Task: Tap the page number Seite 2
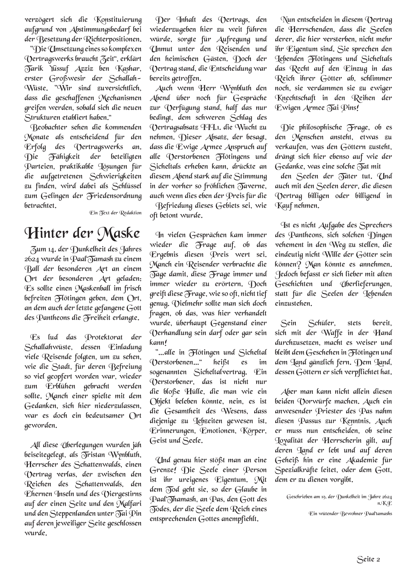(369, 559)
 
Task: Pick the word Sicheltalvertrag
(214, 372)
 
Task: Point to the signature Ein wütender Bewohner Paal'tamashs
(350, 514)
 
